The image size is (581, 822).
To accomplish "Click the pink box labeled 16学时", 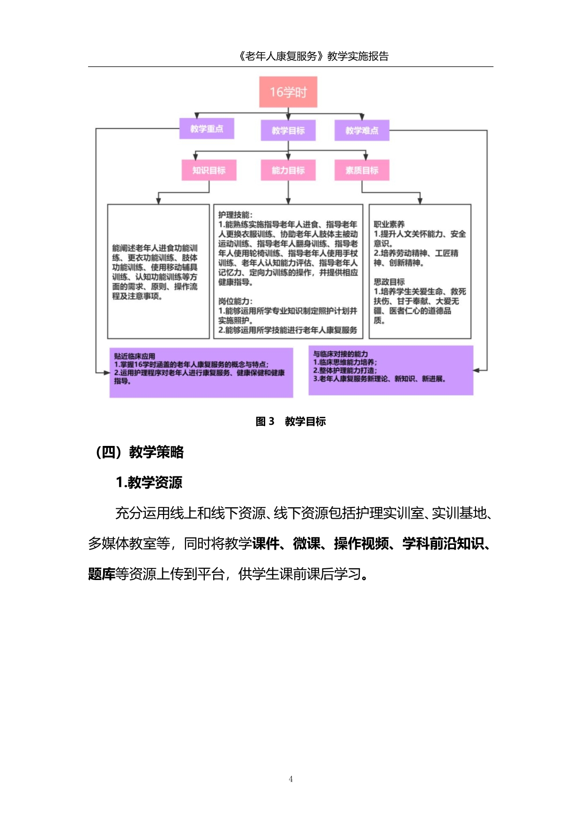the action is pos(288,92).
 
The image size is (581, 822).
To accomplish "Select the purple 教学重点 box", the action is pos(207,128).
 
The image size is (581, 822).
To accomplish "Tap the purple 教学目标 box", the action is pos(288,130).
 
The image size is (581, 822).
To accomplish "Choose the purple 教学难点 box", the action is pos(362,130).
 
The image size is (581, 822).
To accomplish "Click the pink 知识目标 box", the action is pos(209,170).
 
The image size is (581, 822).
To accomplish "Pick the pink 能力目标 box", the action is pos(288,170).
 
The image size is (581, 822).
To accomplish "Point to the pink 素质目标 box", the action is pos(362,170).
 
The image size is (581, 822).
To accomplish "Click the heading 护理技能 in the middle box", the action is pos(235,215).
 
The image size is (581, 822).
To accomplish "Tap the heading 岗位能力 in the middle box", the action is pos(235,301).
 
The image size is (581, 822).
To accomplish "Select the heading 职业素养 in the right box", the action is pos(389,224).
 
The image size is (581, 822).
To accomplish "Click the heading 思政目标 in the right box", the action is pos(389,282).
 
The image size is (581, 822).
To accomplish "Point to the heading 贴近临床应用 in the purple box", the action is pos(134,356).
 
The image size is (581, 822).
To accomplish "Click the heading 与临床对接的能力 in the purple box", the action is pos(341,354).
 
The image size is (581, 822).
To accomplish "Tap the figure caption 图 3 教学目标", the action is pos(290,421).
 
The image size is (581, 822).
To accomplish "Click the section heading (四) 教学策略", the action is pos(139,452).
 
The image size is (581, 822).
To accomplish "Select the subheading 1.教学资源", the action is pos(149,482).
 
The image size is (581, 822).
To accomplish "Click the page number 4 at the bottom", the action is pos(290,779).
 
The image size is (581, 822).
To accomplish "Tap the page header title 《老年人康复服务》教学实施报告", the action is pos(313,56).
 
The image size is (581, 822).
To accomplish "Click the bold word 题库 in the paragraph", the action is pos(102,573).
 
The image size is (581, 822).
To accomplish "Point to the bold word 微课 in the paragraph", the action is pos(306,543).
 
